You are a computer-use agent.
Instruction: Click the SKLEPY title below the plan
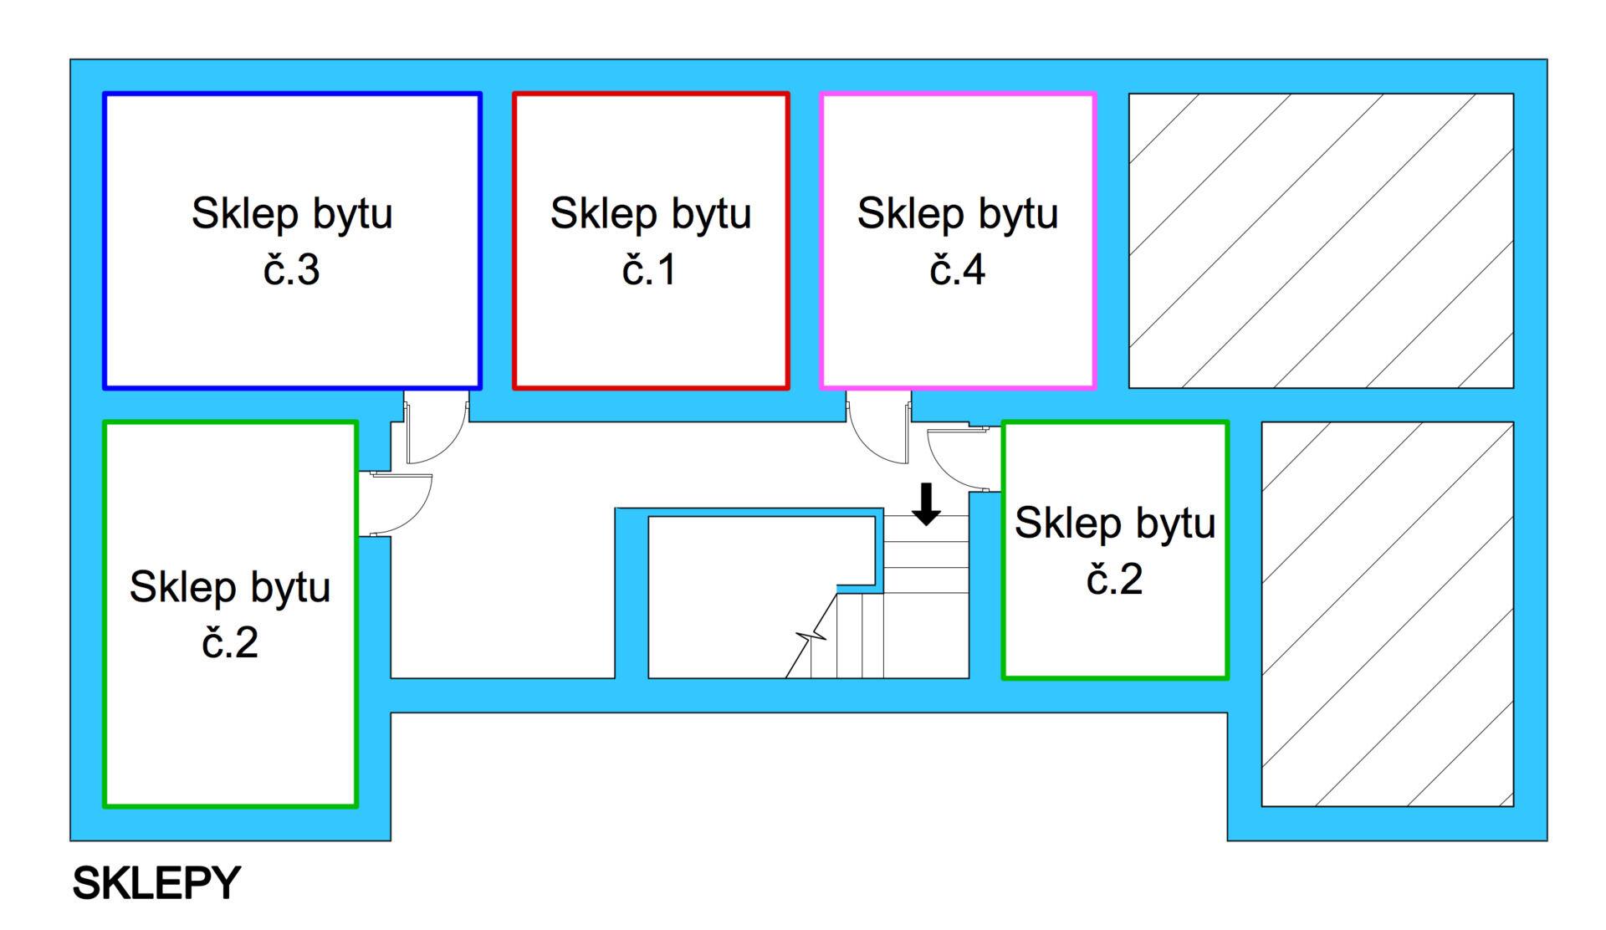point(156,883)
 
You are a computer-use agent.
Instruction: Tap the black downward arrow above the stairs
point(926,504)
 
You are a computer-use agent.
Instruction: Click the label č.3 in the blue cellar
point(291,269)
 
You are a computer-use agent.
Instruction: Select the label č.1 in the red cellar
point(649,269)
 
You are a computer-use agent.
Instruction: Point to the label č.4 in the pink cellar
point(957,269)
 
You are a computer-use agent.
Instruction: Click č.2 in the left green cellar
point(230,642)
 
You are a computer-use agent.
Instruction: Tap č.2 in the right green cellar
point(1114,579)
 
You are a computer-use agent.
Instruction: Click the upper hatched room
point(1321,241)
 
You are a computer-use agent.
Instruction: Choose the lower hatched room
point(1387,614)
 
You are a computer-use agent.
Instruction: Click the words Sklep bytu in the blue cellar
point(292,213)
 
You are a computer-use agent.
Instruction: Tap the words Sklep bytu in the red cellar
point(650,213)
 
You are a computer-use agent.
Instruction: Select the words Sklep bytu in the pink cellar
point(957,213)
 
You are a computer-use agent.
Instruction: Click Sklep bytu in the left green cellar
point(230,586)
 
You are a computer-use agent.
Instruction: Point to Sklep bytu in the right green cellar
point(1115,523)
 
